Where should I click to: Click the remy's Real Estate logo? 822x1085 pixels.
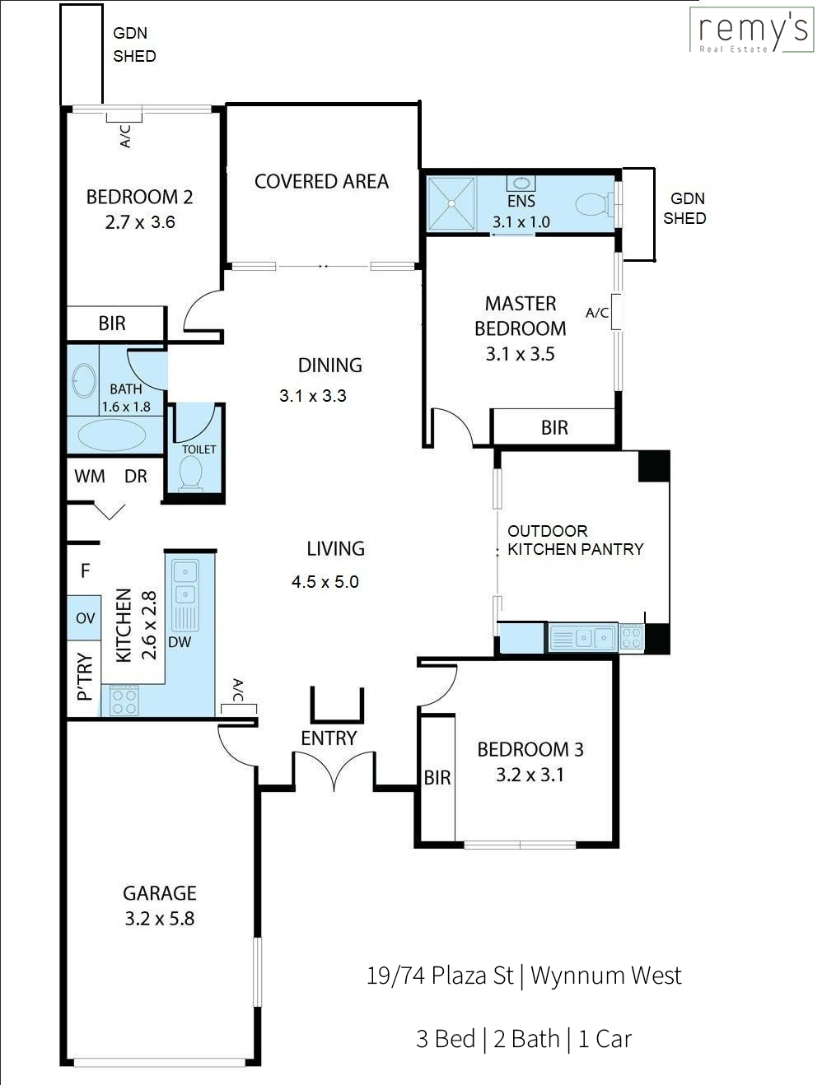pyautogui.click(x=751, y=30)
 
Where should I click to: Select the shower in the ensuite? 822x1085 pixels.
pyautogui.click(x=451, y=203)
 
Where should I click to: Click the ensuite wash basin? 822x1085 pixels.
pyautogui.click(x=521, y=184)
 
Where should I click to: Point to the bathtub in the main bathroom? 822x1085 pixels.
pyautogui.click(x=112, y=435)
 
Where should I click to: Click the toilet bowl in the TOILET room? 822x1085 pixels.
pyautogui.click(x=190, y=473)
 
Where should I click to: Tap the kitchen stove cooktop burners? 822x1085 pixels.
pyautogui.click(x=124, y=701)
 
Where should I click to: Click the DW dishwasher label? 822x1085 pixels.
pyautogui.click(x=180, y=643)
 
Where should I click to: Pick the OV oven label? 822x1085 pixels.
pyautogui.click(x=85, y=618)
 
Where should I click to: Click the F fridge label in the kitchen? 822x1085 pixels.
pyautogui.click(x=85, y=571)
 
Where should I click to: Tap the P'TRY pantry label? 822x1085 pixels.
pyautogui.click(x=85, y=677)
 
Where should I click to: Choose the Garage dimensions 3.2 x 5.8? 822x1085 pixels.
pyautogui.click(x=159, y=919)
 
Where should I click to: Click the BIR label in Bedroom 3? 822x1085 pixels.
pyautogui.click(x=437, y=778)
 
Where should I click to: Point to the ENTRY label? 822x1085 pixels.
pyautogui.click(x=329, y=738)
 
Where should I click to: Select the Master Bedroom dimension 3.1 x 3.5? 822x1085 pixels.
pyautogui.click(x=520, y=354)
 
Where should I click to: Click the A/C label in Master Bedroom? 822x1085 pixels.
pyautogui.click(x=597, y=312)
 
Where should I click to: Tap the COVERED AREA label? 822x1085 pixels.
pyautogui.click(x=321, y=181)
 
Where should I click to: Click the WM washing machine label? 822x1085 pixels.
pyautogui.click(x=90, y=477)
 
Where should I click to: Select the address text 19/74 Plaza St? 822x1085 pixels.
pyautogui.click(x=440, y=976)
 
